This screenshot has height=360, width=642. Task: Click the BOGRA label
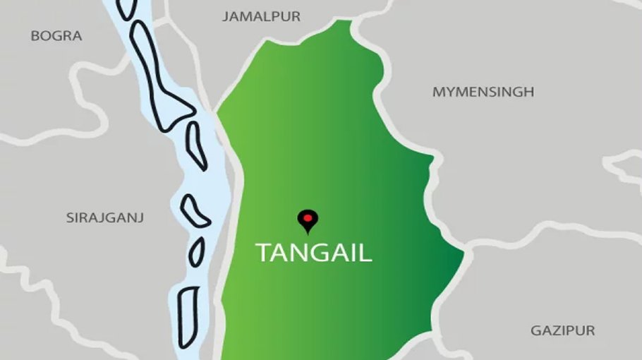pos(56,35)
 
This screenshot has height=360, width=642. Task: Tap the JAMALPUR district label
pos(261,16)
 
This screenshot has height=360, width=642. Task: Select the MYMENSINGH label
pos(483,92)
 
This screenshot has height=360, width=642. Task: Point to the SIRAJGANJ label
pos(105,217)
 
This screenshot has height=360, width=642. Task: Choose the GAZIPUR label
pos(562,330)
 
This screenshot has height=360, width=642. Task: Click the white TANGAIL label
pos(313,252)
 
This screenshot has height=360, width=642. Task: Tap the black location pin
pos(307,220)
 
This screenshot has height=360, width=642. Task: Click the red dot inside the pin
pos(307,218)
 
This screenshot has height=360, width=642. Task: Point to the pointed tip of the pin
pos(307,233)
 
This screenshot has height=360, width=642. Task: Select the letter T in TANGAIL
pos(262,253)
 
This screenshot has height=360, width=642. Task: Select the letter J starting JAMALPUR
pos(226,16)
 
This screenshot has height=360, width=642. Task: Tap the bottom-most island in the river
pos(188,316)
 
